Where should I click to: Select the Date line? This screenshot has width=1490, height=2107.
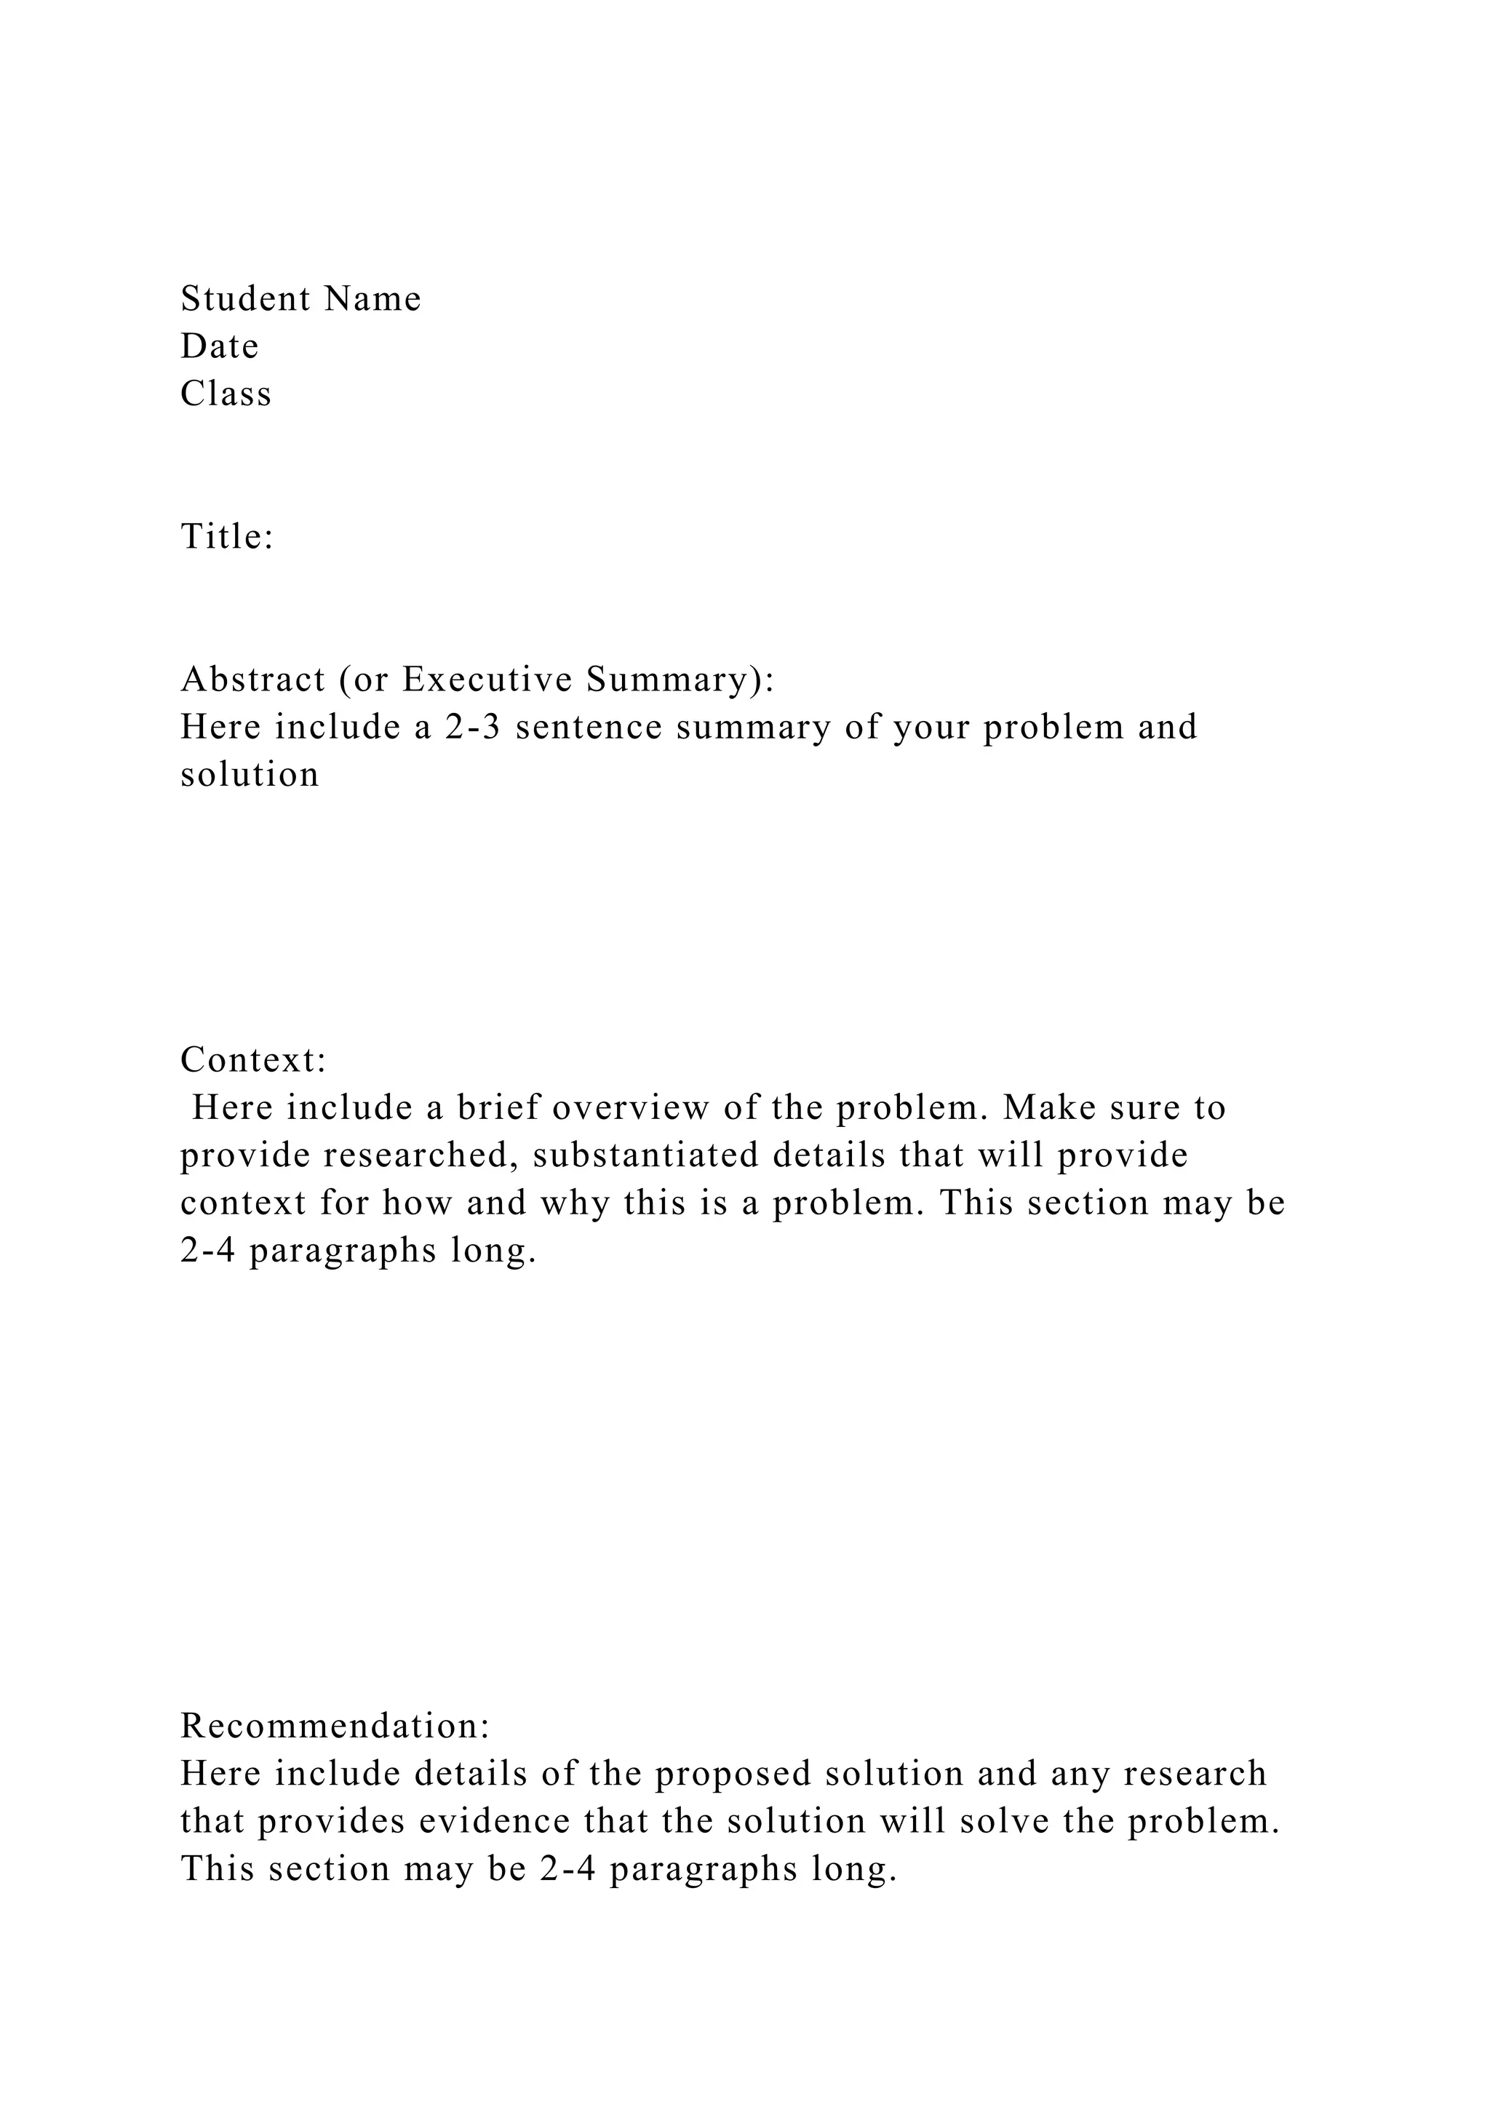219,346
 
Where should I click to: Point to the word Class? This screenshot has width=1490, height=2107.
226,394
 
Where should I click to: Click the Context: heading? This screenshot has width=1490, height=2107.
254,1060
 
